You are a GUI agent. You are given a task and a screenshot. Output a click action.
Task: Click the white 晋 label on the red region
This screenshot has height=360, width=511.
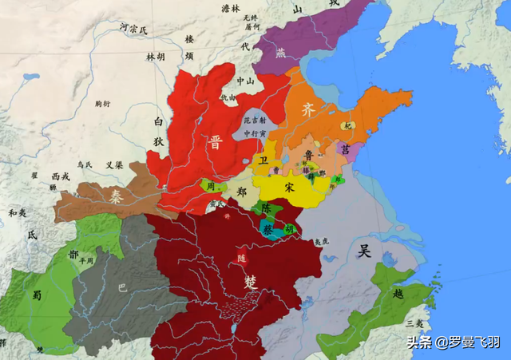[216, 143]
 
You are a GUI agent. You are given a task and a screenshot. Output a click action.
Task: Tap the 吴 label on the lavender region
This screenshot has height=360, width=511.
[364, 251]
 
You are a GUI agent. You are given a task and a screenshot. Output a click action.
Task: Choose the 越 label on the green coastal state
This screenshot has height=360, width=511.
[398, 293]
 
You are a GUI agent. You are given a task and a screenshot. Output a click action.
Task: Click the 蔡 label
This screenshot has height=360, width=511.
[267, 228]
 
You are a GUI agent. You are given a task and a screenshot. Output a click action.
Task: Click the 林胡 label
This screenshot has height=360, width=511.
[155, 57]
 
